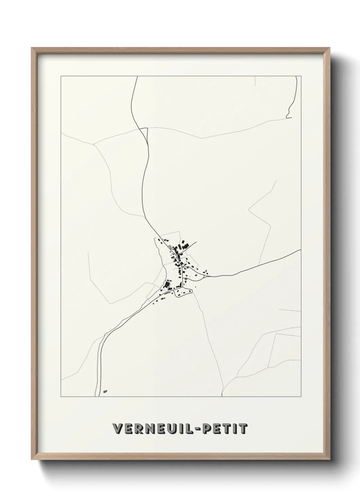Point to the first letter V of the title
coord(117,429)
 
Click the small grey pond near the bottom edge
coord(105,392)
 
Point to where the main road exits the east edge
coord(300,250)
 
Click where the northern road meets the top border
coord(137,77)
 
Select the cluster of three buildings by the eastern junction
coord(205,272)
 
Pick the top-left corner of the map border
coord(61,76)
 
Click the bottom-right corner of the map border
coord(301,397)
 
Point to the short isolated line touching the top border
coord(255,81)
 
